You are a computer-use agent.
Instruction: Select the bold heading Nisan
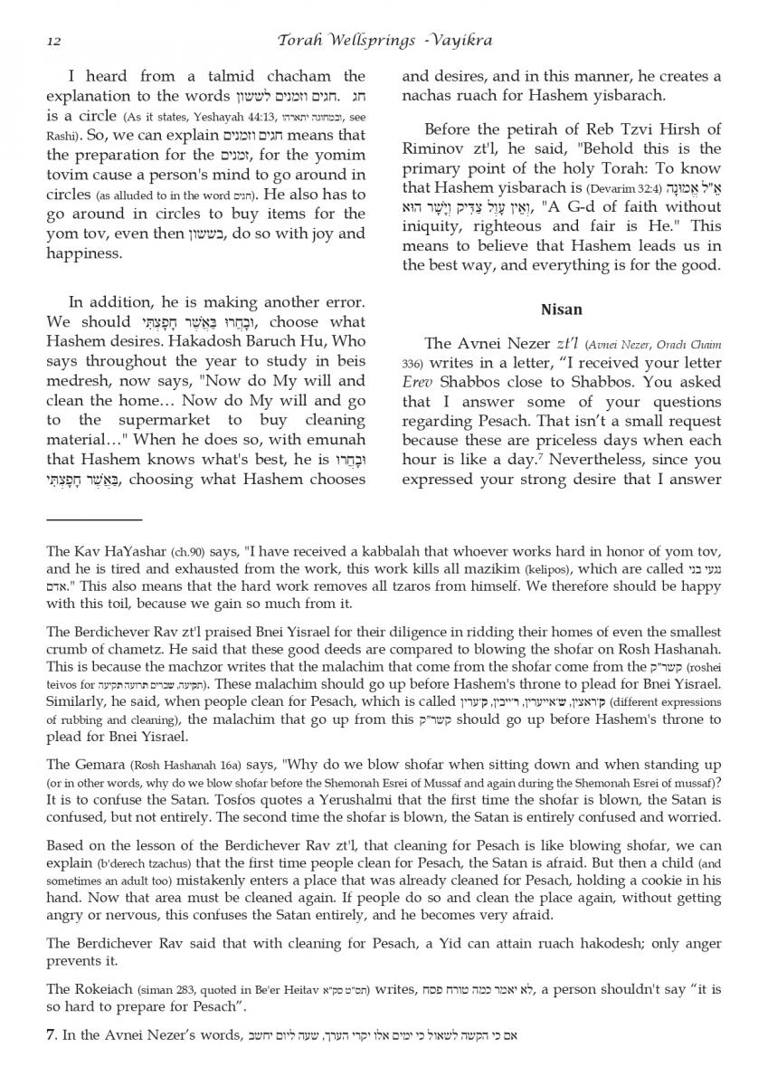point(561,310)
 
